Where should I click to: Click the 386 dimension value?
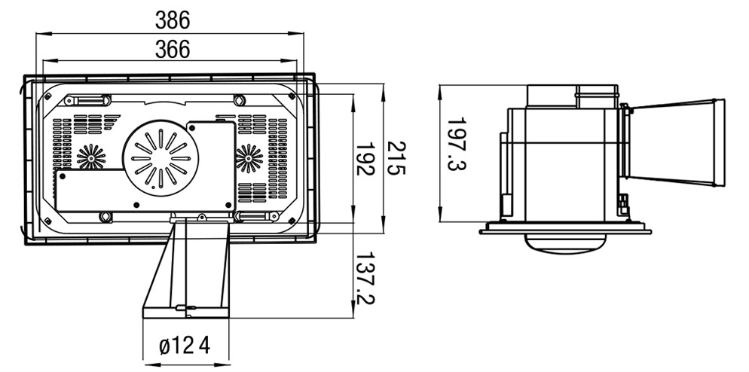173,19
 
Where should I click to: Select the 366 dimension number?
173,50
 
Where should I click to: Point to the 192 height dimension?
366,159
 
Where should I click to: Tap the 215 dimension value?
397,159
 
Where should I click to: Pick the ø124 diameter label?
185,346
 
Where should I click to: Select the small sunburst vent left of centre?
91,157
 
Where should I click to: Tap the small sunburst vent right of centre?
249,158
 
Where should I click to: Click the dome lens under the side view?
563,242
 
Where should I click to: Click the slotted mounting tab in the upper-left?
88,100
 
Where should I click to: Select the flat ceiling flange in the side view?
566,227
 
